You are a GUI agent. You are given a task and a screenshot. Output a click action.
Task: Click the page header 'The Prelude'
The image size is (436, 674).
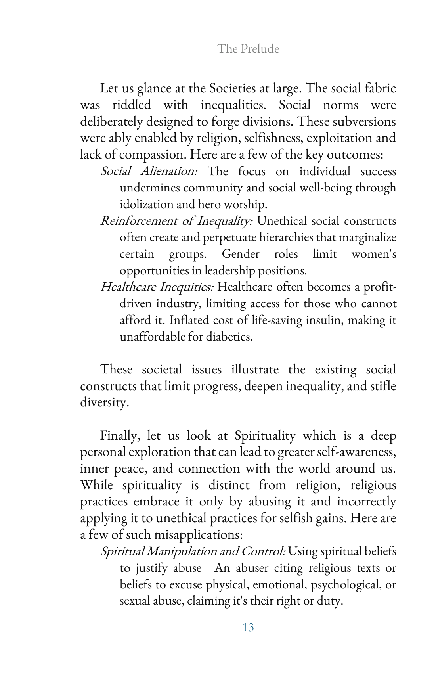click(248, 48)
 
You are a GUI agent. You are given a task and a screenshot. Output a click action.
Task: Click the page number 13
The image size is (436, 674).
click(248, 627)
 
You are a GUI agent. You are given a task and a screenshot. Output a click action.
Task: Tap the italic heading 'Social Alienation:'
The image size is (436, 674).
click(149, 171)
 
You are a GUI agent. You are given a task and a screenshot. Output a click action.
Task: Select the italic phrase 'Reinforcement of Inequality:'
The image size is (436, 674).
click(176, 221)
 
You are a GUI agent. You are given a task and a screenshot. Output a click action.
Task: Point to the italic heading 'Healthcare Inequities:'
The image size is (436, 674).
click(157, 287)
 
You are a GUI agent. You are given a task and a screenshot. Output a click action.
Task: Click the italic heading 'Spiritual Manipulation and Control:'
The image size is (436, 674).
click(193, 551)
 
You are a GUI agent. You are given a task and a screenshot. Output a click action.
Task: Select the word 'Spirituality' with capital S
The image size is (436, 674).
click(265, 436)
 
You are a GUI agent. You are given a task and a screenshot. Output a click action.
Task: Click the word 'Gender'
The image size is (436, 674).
click(240, 254)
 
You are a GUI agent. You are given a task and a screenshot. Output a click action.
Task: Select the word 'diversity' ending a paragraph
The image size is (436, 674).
click(104, 402)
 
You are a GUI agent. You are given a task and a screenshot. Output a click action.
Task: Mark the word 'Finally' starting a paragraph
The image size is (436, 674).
click(119, 436)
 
